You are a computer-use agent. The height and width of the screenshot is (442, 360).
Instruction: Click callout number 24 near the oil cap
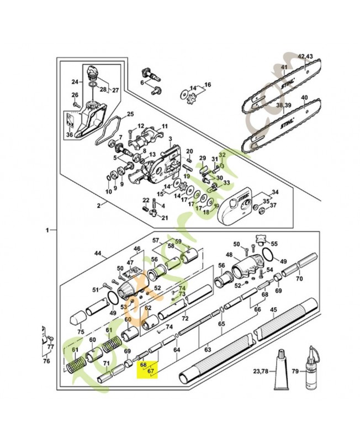[x=76, y=82]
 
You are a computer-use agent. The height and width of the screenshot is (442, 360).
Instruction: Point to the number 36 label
[x=69, y=134]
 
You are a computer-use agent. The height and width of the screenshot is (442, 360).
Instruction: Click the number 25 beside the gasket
[x=130, y=115]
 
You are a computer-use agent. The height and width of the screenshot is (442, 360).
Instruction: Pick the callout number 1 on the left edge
[x=48, y=229]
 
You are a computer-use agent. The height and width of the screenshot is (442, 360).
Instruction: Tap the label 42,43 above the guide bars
[x=305, y=57]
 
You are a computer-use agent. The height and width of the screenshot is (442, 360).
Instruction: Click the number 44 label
[x=98, y=254]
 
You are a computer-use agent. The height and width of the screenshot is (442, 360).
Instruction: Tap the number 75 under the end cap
[x=81, y=332]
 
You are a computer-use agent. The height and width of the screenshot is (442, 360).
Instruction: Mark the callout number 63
[x=208, y=350]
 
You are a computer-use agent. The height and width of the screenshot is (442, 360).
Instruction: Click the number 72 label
[x=186, y=319]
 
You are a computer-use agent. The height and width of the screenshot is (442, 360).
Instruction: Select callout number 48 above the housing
[x=229, y=256]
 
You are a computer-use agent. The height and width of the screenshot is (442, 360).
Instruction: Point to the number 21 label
[x=164, y=218]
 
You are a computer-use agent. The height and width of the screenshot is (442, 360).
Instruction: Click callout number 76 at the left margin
[x=46, y=361]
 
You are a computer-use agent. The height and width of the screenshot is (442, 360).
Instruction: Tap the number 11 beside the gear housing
[x=164, y=127]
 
